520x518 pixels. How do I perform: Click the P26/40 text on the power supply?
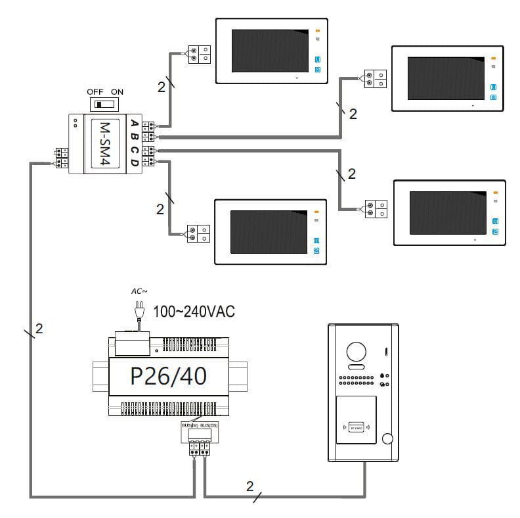coord(169,376)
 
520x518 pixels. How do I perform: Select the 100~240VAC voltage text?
coord(194,312)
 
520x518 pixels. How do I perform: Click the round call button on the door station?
coord(388,440)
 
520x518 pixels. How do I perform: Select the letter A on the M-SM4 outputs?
coord(135,124)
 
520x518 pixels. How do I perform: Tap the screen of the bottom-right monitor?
coord(447,212)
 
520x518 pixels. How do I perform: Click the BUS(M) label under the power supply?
coord(189,426)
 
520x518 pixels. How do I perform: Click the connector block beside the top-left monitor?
coord(199,54)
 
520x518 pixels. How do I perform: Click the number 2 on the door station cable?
coord(249,486)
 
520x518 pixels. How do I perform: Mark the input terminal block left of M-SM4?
coord(62,158)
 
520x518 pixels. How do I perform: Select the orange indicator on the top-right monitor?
coord(493,59)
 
